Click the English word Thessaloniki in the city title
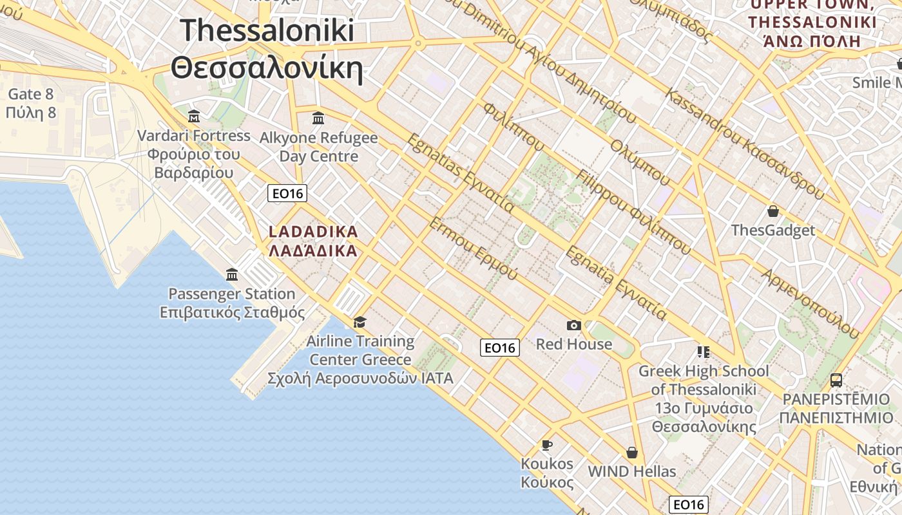click(x=267, y=30)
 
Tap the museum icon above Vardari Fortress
click(x=194, y=117)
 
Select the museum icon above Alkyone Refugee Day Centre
click(x=318, y=118)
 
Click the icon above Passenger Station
click(x=232, y=275)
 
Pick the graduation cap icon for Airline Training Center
click(x=360, y=322)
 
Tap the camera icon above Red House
click(x=574, y=326)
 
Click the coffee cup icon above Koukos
click(x=547, y=445)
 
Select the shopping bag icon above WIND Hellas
click(x=632, y=453)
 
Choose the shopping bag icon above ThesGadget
click(x=772, y=211)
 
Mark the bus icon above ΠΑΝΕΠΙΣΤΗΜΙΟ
click(x=836, y=380)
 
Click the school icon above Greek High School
click(x=703, y=351)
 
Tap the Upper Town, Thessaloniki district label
click(x=812, y=23)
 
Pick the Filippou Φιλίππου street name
click(x=634, y=212)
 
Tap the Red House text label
click(x=574, y=344)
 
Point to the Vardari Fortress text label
click(x=194, y=136)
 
